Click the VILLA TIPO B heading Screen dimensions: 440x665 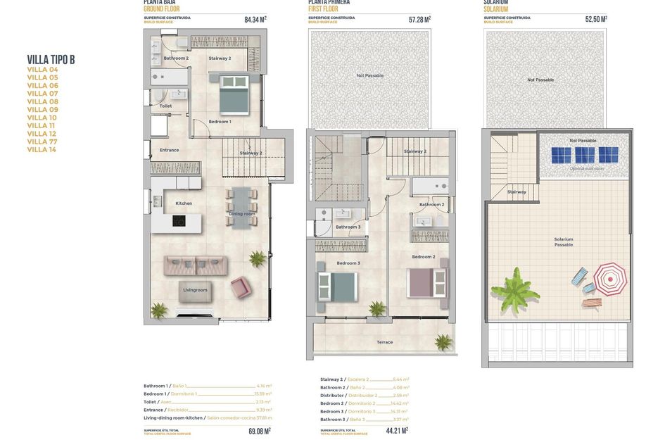51,60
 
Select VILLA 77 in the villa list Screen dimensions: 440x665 42,142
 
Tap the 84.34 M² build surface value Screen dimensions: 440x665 255,20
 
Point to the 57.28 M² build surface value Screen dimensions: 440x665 419,20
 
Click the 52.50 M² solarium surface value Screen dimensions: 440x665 595,20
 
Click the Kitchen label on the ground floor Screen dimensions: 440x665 184,203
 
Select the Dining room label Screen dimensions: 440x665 241,214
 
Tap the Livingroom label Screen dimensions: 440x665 195,290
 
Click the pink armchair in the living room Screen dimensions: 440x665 241,287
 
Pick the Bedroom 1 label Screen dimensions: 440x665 220,122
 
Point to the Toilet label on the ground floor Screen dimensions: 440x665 165,106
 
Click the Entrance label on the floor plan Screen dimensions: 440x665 169,150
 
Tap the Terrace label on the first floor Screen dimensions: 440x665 384,342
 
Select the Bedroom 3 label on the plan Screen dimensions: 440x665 348,263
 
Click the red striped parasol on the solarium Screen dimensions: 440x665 609,279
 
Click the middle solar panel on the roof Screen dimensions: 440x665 584,155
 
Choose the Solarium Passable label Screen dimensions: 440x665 563,242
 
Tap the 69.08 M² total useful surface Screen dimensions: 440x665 259,431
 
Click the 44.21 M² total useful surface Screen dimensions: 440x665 396,429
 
